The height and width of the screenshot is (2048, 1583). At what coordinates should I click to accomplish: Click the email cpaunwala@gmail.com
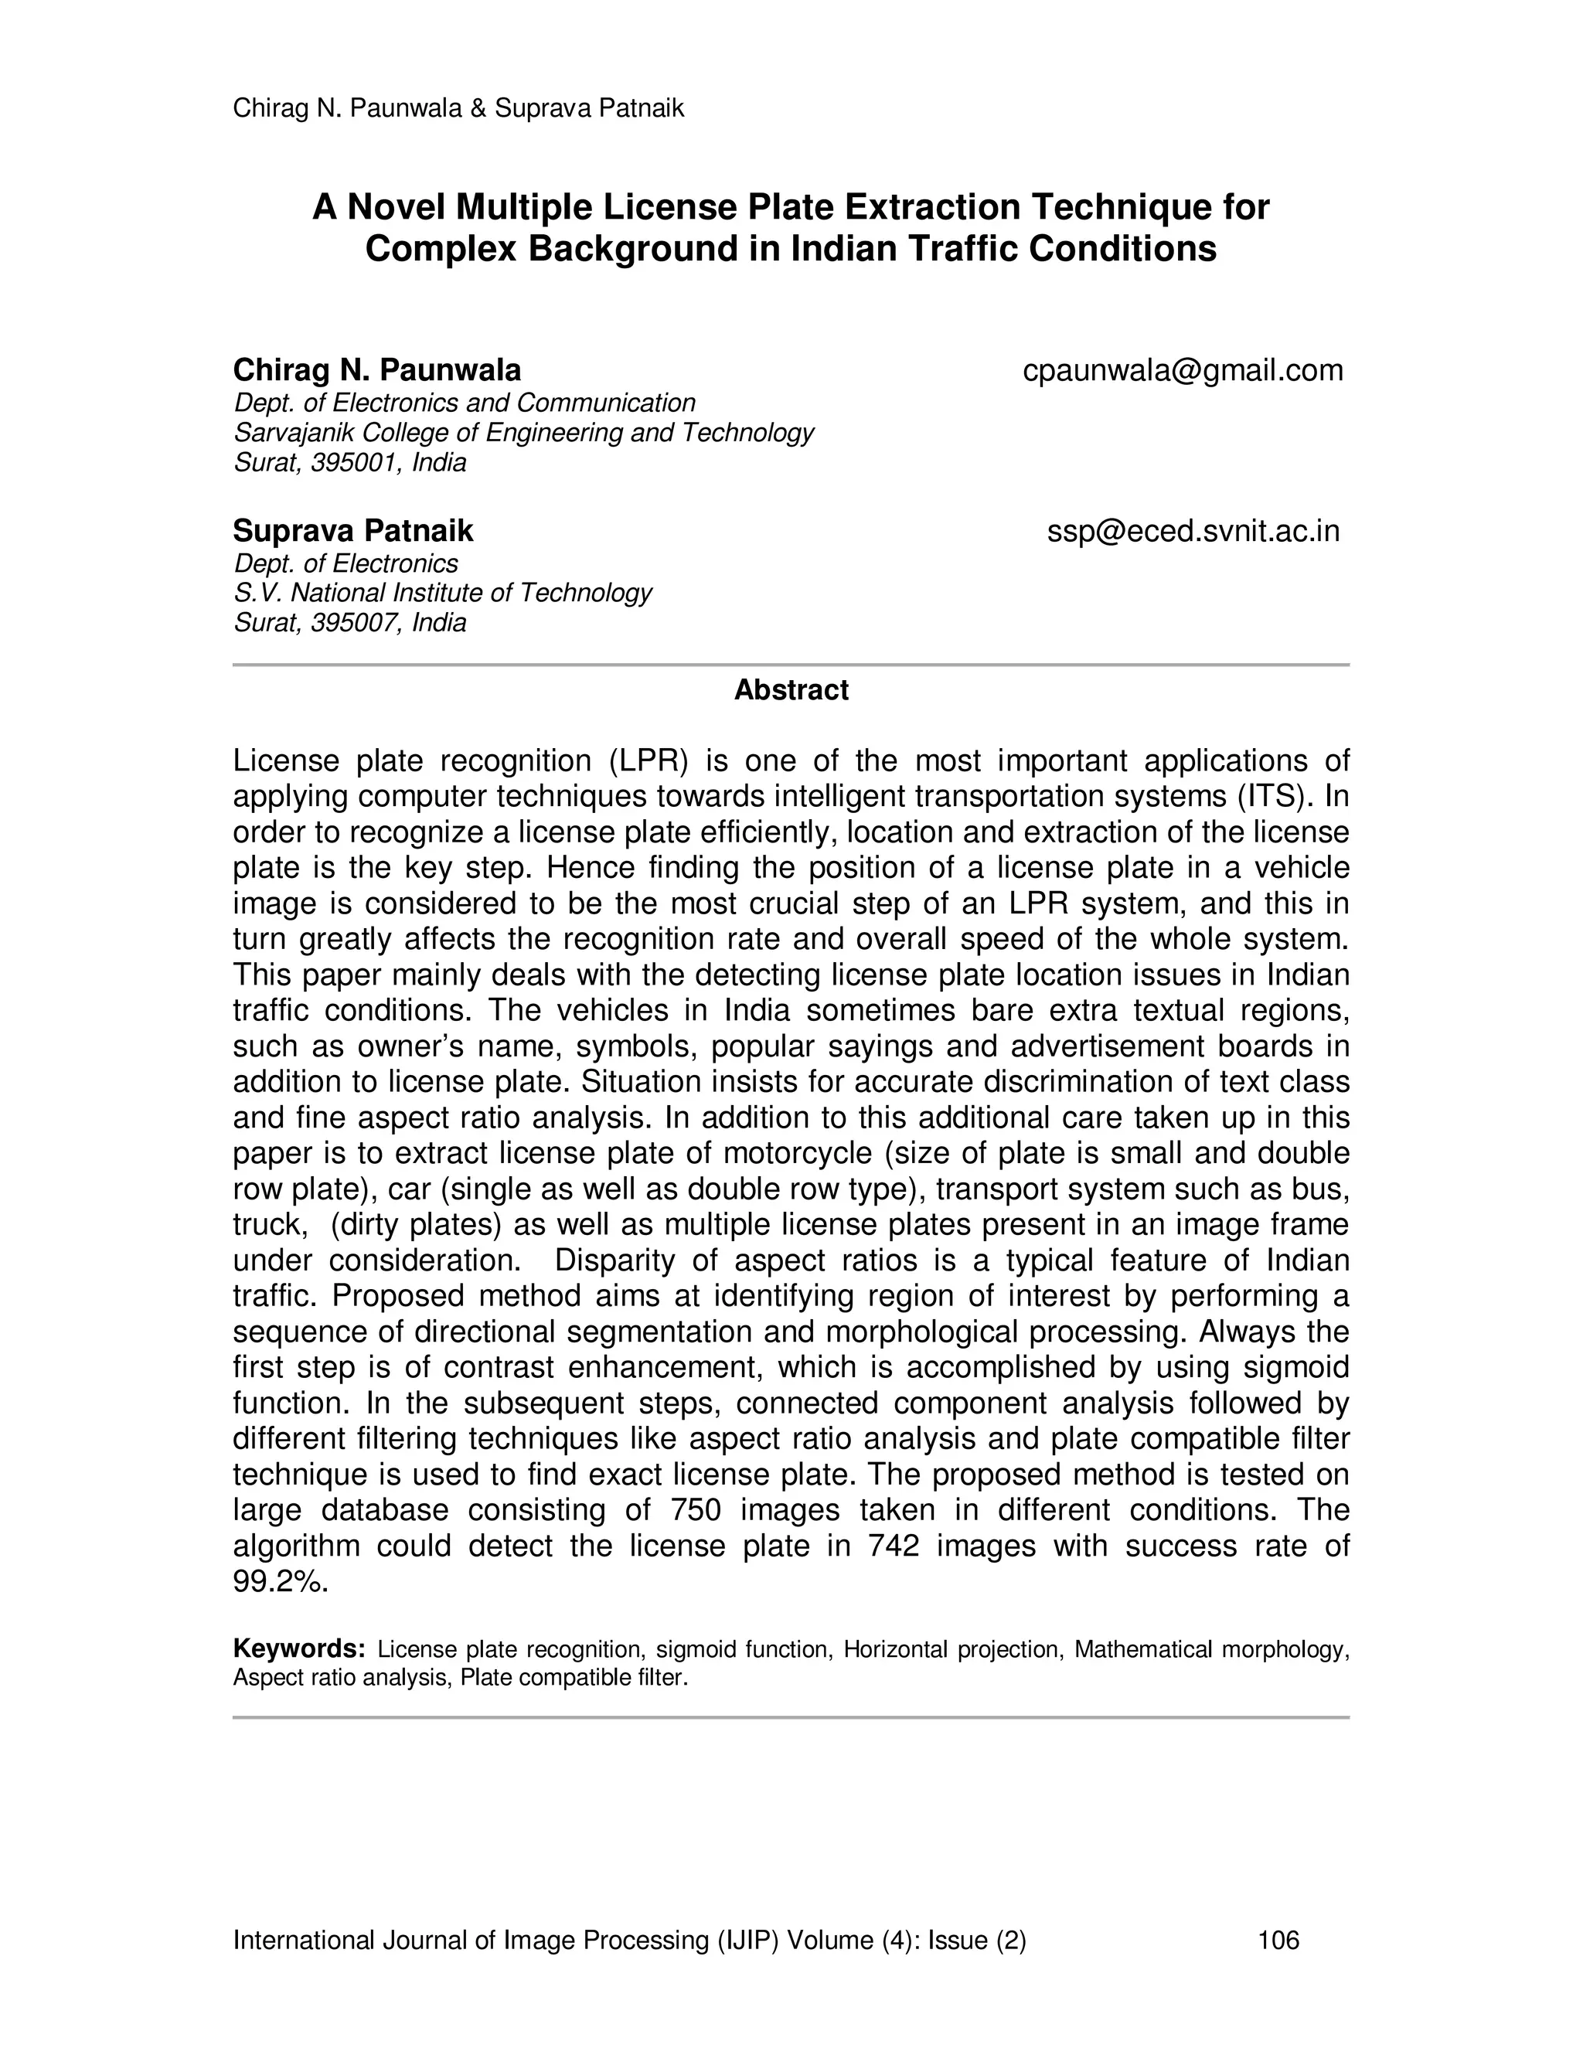1182,371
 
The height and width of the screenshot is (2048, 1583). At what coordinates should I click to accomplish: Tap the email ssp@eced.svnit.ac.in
1193,532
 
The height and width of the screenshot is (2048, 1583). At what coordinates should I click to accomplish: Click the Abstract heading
791,690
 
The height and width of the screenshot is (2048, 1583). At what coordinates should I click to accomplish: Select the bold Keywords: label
298,1649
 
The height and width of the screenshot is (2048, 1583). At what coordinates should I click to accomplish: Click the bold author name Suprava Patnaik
352,532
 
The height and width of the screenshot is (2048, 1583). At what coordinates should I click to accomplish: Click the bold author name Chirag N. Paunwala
376,371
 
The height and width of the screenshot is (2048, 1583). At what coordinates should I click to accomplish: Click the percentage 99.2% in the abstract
280,1581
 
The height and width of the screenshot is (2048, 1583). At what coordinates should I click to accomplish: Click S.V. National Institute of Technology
441,594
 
